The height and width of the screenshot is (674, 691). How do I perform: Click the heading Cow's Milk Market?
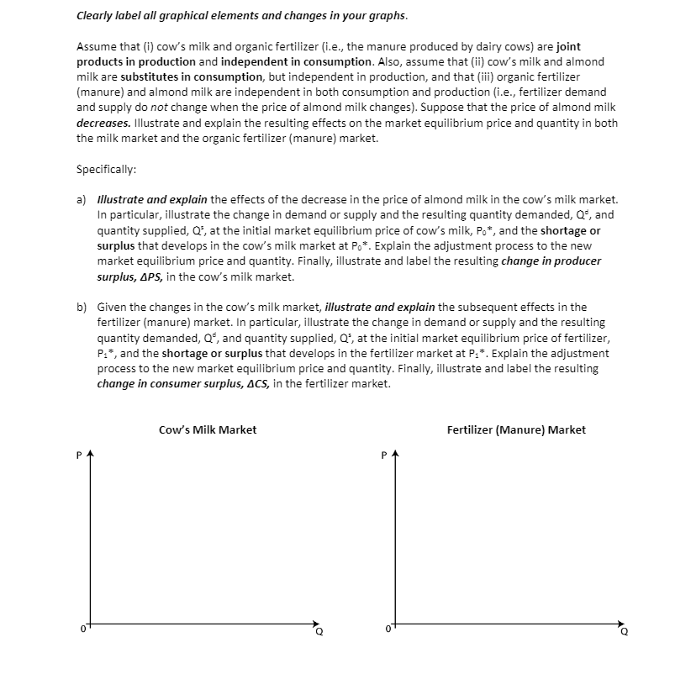(x=208, y=429)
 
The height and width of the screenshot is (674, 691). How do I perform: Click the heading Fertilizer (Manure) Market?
(x=516, y=429)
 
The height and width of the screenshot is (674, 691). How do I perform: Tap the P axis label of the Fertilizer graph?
(x=383, y=456)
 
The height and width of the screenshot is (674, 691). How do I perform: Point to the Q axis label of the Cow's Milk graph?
(x=319, y=633)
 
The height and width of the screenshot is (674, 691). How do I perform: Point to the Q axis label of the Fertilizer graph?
(x=623, y=633)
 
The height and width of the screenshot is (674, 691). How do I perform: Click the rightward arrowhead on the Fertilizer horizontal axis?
(x=620, y=624)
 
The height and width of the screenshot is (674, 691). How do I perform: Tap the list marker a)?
(x=82, y=199)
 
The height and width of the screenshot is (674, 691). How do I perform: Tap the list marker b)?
(x=82, y=307)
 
